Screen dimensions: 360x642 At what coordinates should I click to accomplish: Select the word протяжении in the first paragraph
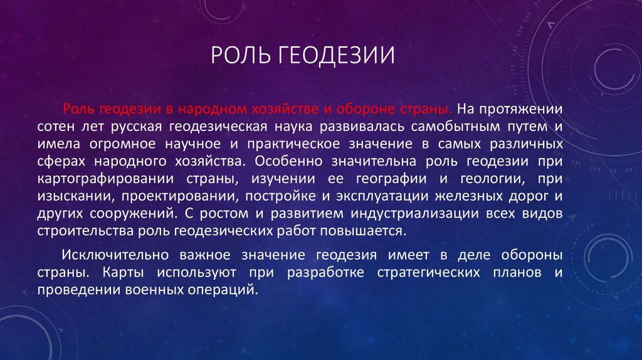click(x=529, y=108)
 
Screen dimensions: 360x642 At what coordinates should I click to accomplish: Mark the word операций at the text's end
click(x=228, y=290)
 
